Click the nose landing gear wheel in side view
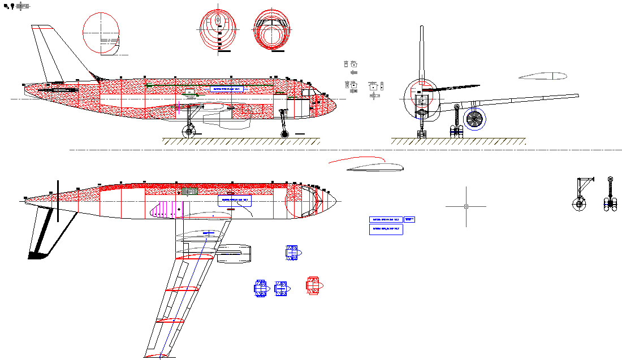[284, 134]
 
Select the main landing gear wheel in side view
[189, 132]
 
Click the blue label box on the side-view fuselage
[227, 89]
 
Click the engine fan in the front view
[474, 119]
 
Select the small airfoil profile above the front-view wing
[539, 77]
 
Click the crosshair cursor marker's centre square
[466, 206]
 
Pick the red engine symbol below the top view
[313, 285]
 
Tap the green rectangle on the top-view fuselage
[189, 191]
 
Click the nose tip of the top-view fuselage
[337, 199]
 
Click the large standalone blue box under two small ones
[386, 229]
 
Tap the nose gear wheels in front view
[421, 133]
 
